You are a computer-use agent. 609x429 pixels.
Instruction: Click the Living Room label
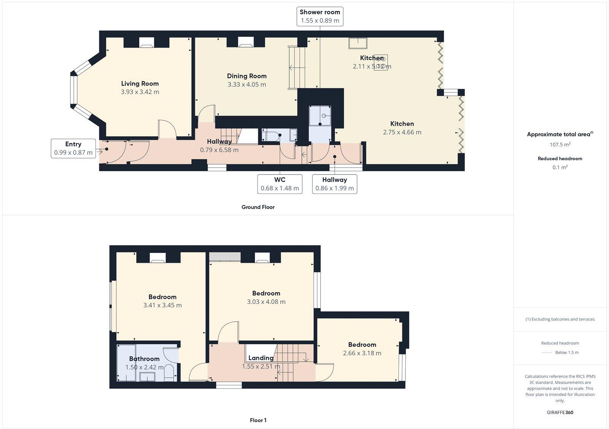click(x=140, y=84)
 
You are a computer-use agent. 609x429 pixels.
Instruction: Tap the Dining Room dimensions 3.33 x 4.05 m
click(x=247, y=84)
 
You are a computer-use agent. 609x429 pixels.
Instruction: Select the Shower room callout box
click(x=320, y=16)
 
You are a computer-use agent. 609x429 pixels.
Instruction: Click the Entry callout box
click(x=73, y=148)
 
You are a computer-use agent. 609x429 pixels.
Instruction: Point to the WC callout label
click(x=280, y=180)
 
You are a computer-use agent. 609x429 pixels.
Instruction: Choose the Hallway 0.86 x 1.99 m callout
click(x=335, y=184)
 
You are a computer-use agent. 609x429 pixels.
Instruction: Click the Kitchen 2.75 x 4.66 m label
click(x=402, y=128)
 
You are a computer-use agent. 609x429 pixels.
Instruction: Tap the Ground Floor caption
click(x=258, y=207)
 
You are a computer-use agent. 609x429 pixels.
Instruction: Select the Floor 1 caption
click(x=258, y=420)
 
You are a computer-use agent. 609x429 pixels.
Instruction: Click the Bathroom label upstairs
click(x=144, y=359)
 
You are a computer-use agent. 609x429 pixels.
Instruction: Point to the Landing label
click(x=261, y=358)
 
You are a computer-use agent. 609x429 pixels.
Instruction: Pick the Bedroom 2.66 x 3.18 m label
click(x=362, y=349)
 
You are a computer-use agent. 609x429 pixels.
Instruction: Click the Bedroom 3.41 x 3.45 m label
click(x=163, y=301)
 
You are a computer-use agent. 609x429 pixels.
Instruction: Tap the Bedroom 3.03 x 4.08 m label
click(x=266, y=297)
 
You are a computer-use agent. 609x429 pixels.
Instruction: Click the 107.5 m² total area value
click(x=560, y=145)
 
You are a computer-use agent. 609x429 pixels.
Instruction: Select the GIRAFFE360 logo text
click(x=560, y=412)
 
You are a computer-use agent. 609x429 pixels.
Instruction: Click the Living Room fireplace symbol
click(x=147, y=43)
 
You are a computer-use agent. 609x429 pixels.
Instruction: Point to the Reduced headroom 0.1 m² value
click(x=560, y=167)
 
